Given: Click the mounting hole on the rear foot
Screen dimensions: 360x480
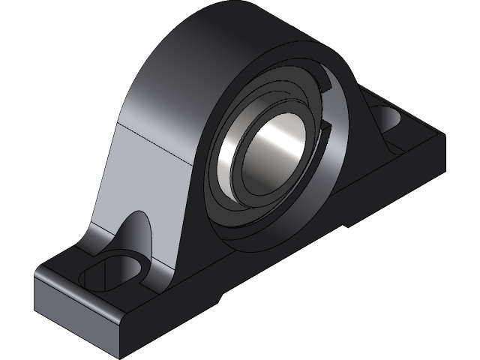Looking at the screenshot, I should point(388,118).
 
